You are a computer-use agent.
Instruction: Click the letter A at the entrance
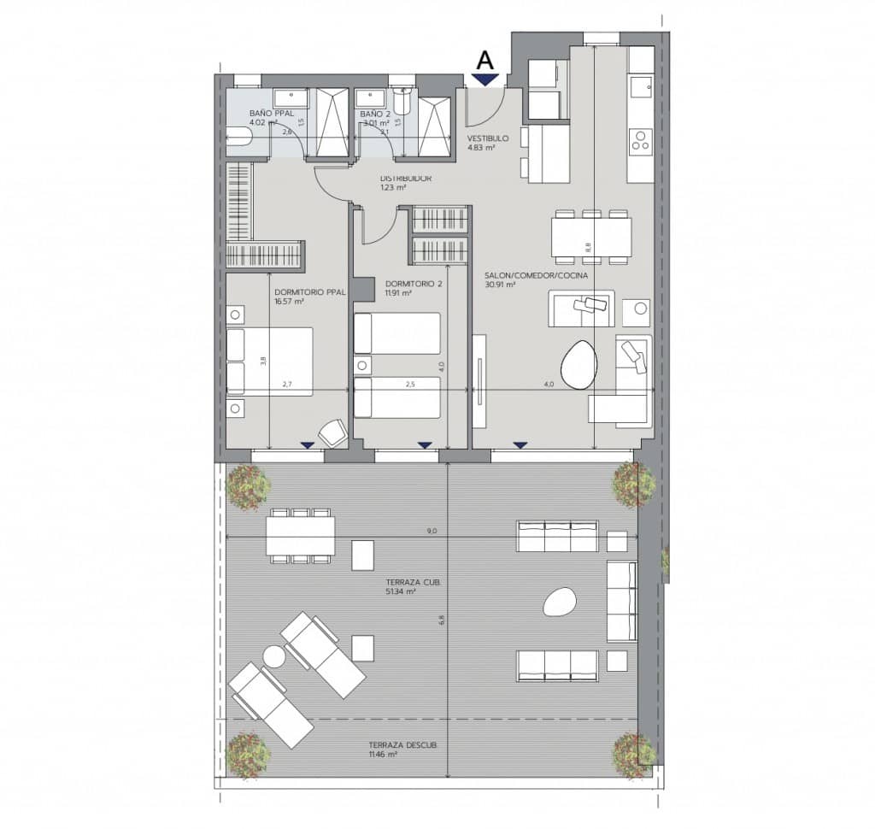pyautogui.click(x=485, y=60)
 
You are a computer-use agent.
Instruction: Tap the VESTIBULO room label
pyautogui.click(x=487, y=138)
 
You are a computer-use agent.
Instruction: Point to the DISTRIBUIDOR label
pyautogui.click(x=405, y=179)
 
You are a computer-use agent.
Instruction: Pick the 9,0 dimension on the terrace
pyautogui.click(x=432, y=531)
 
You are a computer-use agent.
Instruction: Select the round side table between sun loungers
pyautogui.click(x=273, y=656)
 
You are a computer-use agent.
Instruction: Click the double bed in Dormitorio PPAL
pyautogui.click(x=268, y=362)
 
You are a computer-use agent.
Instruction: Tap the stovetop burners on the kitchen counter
pyautogui.click(x=640, y=141)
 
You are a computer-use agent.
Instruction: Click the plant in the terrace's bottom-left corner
pyautogui.click(x=249, y=756)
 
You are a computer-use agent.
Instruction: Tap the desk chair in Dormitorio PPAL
pyautogui.click(x=332, y=432)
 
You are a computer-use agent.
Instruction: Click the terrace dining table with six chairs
pyautogui.click(x=298, y=537)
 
